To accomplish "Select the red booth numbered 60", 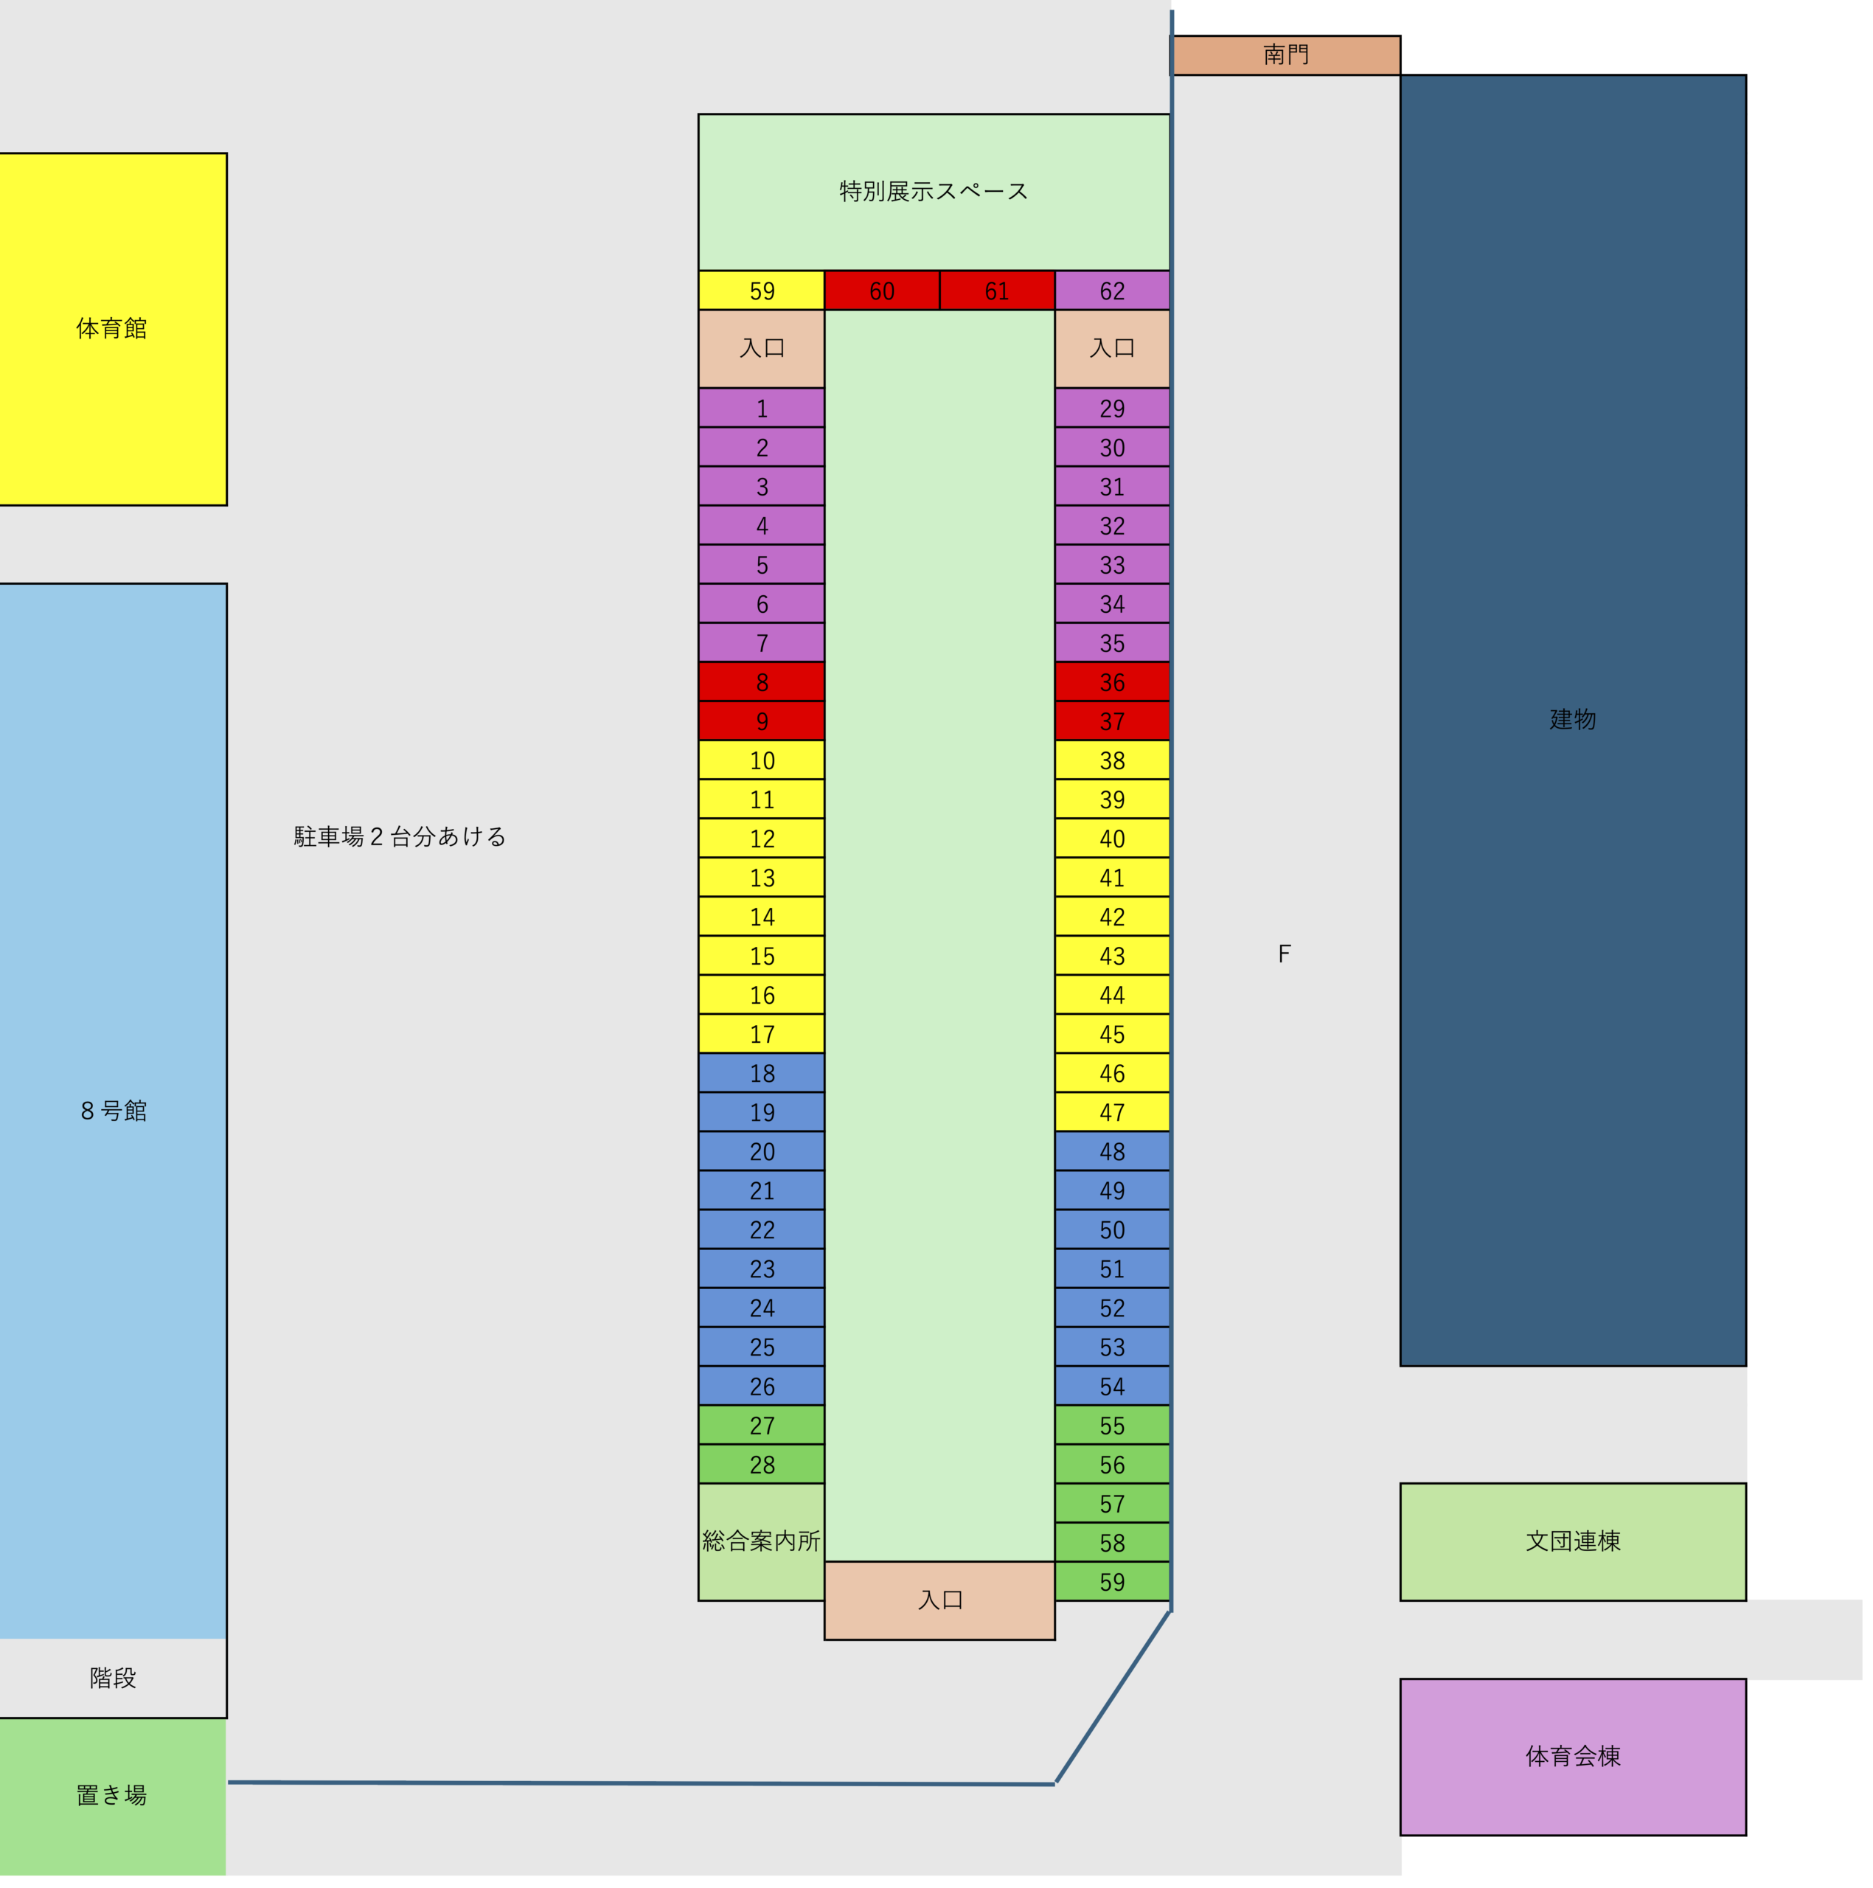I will point(881,291).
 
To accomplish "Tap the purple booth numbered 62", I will point(1112,291).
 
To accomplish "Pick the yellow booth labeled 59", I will point(761,291).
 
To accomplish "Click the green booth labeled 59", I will point(1112,1582).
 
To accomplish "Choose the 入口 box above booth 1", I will point(761,349).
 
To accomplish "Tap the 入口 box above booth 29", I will point(1112,349).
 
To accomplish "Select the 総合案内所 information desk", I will point(761,1541).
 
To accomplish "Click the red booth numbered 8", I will point(761,682).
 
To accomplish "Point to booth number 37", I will point(1112,721).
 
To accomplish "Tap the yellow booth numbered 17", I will point(761,1034).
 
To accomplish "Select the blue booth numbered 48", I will point(1112,1151).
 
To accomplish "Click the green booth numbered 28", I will point(761,1464).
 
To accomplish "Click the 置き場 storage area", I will point(112,1795).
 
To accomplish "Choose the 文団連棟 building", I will point(1572,1541).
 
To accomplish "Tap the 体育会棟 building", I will point(1572,1756).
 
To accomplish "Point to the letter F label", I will point(1284,954).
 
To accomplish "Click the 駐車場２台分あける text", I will point(400,836).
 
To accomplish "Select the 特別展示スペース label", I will point(933,192).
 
